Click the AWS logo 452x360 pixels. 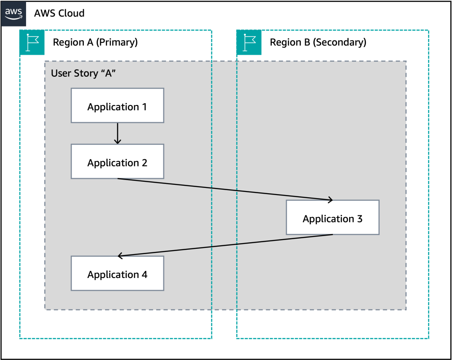14,14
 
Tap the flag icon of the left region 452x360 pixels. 32,43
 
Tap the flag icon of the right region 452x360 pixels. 249,43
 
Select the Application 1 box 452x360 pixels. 117,105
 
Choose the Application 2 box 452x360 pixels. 117,161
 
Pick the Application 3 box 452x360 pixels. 332,217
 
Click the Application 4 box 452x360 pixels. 117,274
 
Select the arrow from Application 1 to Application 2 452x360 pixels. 117,132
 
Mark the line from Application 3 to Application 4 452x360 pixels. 225,245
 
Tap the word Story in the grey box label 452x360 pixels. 83,73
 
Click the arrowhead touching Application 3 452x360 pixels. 330,200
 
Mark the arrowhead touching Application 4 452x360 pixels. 120,256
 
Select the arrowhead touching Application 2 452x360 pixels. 117,142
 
